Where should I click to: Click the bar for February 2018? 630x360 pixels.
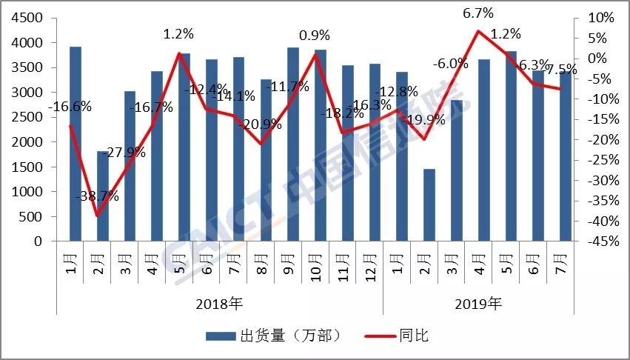(102, 196)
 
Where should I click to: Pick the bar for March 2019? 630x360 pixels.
(456, 170)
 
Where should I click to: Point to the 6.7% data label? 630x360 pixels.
(478, 13)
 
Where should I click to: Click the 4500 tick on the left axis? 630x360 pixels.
(26, 18)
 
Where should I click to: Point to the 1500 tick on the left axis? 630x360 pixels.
(26, 167)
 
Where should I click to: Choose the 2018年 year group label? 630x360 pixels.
(220, 304)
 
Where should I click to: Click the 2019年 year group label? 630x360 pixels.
(478, 304)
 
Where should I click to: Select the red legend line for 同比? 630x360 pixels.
(383, 336)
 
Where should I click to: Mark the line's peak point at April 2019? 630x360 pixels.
(478, 31)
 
